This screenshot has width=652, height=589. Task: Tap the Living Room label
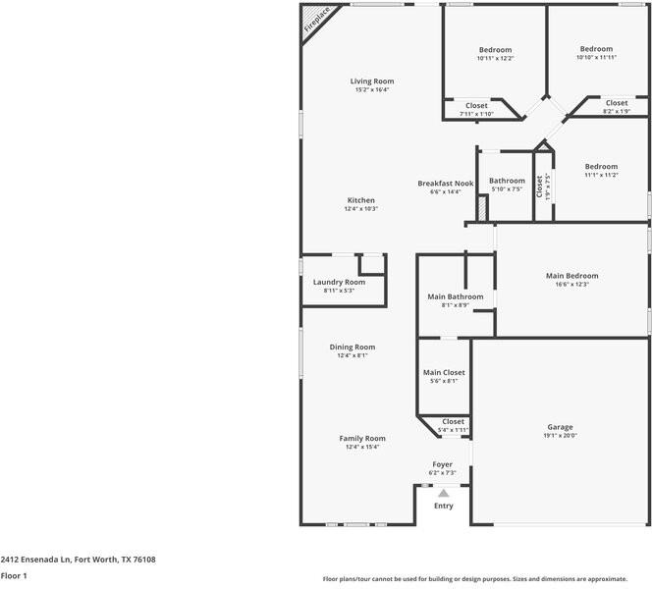click(372, 80)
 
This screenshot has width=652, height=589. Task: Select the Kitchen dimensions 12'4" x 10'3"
click(360, 209)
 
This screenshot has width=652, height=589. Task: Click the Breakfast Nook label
click(445, 184)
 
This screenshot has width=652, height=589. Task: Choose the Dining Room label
click(352, 347)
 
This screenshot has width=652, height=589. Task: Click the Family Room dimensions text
click(361, 447)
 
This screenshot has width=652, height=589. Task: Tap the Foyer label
click(443, 464)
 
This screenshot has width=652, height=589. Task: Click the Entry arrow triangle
click(443, 493)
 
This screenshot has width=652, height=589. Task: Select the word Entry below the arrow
click(444, 506)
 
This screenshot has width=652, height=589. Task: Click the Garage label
click(561, 427)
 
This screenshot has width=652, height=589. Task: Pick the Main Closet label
click(444, 373)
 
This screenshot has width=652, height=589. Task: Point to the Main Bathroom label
click(455, 296)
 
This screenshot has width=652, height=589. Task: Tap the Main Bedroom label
click(571, 276)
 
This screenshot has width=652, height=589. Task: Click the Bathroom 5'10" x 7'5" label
click(508, 181)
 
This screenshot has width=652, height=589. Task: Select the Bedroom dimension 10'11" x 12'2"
click(495, 58)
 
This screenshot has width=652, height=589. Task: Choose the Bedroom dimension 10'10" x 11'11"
click(596, 57)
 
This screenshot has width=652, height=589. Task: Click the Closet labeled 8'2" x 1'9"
click(616, 103)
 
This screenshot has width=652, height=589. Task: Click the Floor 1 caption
click(14, 576)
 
